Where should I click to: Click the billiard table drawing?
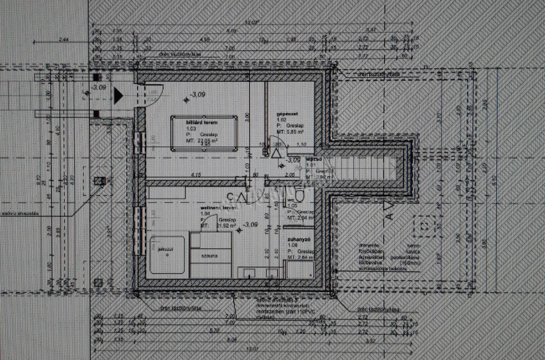tap(204, 134)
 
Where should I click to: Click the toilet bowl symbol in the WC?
tap(300, 197)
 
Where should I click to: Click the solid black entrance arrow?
tap(118, 96)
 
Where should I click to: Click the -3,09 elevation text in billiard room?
tap(200, 95)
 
